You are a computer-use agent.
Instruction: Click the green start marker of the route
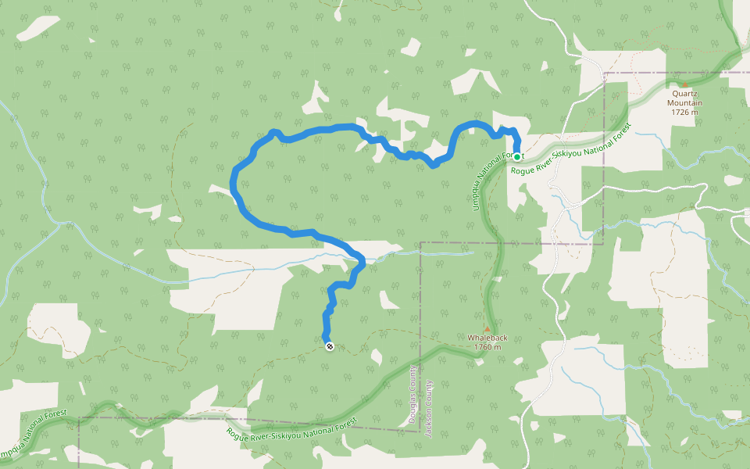517,156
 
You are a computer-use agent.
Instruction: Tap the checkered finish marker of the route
330,346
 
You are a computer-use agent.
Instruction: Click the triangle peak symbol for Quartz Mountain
685,85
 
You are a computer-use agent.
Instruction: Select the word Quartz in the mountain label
685,94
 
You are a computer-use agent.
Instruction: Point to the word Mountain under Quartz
685,103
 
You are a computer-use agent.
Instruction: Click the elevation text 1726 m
685,113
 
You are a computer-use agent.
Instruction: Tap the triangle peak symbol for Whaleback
487,329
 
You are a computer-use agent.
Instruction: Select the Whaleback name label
487,338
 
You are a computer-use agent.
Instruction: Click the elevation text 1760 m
487,347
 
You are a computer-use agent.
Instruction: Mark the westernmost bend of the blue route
234,184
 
